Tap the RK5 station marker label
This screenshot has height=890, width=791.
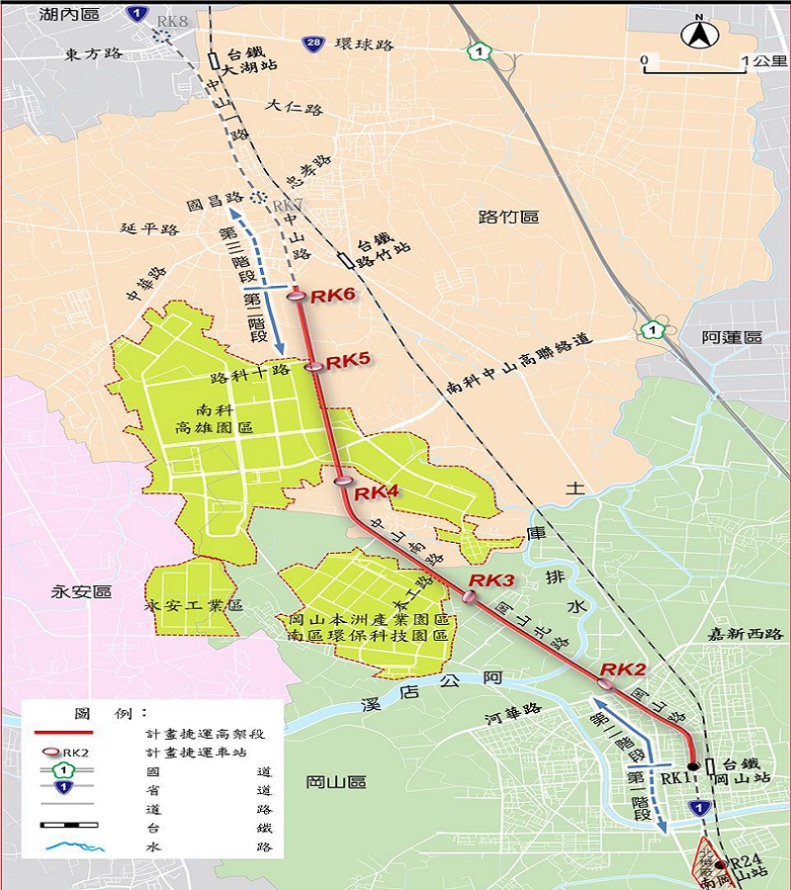[348, 360]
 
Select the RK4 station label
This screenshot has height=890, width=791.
[377, 491]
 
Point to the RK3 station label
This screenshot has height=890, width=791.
[492, 579]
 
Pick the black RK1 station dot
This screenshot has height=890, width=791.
[693, 764]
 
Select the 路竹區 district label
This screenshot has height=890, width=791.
[508, 216]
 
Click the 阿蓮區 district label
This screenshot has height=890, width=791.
[733, 337]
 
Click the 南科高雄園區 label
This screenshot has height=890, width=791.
[214, 419]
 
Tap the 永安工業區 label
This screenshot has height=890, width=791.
[195, 603]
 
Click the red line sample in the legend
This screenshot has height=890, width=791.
[64, 733]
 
